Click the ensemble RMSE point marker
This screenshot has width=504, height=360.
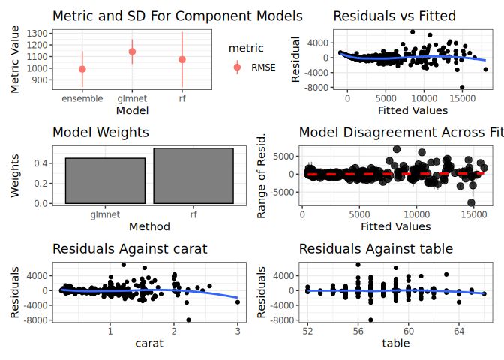tap(82, 69)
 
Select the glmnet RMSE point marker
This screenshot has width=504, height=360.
tap(132, 52)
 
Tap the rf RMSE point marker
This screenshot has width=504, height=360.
tap(182, 59)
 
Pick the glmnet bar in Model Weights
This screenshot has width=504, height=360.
tap(105, 181)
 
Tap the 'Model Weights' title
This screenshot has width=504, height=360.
tap(100, 133)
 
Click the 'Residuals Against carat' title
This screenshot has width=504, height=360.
tap(129, 249)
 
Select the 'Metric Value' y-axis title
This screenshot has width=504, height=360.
tap(16, 60)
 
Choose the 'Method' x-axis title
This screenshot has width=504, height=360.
tap(148, 226)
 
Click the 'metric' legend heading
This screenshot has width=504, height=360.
tap(245, 48)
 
